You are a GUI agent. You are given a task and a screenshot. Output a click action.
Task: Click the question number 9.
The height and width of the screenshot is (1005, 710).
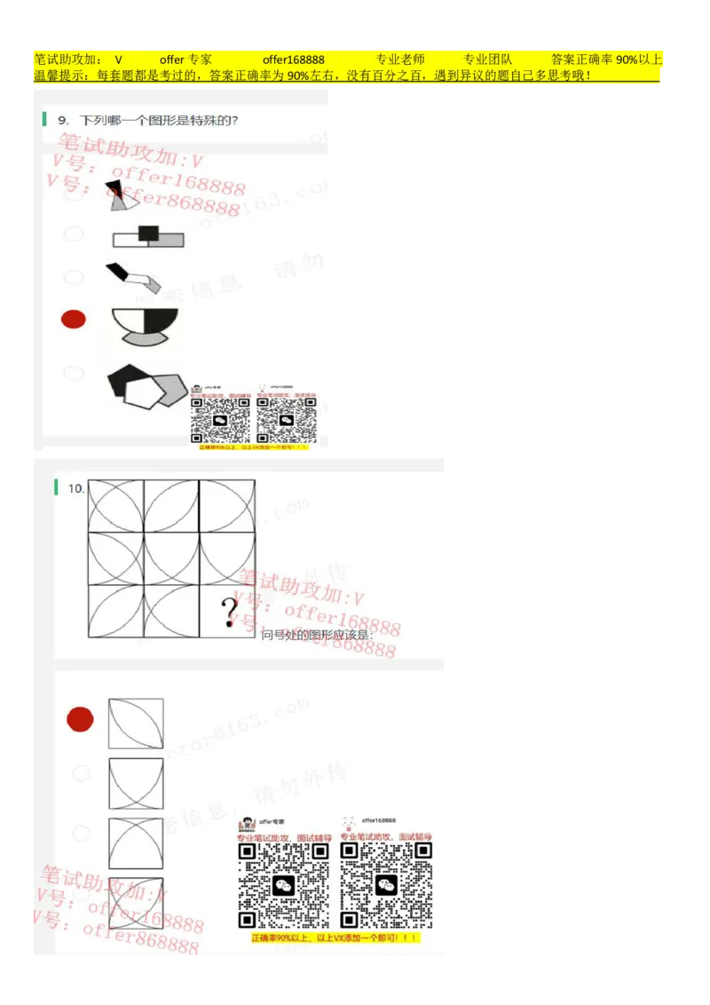click(x=63, y=120)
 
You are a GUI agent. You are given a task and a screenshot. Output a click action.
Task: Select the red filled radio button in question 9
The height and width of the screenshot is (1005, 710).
click(x=74, y=319)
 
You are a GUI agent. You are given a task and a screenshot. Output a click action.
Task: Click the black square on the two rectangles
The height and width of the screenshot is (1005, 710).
click(x=148, y=233)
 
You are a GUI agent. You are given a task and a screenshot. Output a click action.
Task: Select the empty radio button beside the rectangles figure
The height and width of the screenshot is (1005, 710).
click(x=75, y=233)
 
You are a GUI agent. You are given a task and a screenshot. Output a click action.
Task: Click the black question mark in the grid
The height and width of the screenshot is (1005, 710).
click(x=230, y=612)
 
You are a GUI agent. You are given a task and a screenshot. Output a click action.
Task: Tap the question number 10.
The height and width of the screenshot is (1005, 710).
click(x=75, y=488)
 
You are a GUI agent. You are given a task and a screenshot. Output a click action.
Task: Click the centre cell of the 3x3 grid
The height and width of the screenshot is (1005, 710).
click(x=171, y=558)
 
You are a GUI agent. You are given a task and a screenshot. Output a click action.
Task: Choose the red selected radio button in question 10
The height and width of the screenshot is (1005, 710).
click(x=81, y=719)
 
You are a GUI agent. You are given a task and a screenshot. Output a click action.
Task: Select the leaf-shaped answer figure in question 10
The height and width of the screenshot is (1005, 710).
click(x=136, y=724)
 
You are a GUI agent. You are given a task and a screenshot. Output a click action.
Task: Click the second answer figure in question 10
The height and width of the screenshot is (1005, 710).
click(x=136, y=783)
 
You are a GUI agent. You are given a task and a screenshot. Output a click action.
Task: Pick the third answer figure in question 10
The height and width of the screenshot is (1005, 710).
click(x=136, y=843)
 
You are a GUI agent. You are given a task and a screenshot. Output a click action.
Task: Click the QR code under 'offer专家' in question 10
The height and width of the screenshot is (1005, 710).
click(x=284, y=885)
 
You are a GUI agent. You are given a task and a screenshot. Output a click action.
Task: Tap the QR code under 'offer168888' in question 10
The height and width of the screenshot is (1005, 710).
click(x=386, y=885)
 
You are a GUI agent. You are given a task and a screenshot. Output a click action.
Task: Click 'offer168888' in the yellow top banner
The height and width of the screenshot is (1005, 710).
click(x=293, y=59)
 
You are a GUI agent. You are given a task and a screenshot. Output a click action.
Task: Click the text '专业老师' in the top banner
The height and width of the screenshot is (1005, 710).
click(x=399, y=59)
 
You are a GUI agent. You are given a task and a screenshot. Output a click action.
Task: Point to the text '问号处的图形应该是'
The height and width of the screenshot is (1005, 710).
click(x=317, y=635)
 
